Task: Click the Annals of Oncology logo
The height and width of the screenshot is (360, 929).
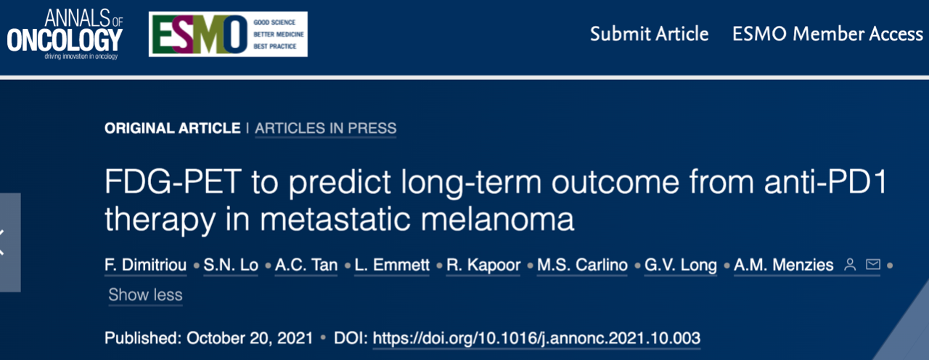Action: [x=65, y=35]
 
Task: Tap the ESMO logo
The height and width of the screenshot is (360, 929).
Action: [x=228, y=34]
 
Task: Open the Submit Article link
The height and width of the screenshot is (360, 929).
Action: [x=649, y=34]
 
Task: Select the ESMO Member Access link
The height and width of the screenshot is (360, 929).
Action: [x=827, y=34]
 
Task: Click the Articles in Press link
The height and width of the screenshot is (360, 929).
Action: [x=326, y=128]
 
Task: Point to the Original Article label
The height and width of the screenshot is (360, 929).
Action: [x=173, y=128]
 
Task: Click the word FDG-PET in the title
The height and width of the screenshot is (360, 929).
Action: [x=173, y=181]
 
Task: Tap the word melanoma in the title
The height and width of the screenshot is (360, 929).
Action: [x=497, y=219]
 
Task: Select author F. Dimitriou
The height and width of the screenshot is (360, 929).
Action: [x=146, y=265]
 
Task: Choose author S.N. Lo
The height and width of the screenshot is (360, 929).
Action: [x=231, y=265]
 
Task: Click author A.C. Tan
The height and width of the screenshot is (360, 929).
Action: [x=306, y=265]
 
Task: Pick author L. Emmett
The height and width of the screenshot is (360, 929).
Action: [x=392, y=265]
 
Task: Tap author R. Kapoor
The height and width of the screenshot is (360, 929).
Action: [x=483, y=265]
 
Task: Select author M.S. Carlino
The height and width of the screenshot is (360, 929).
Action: [x=582, y=265]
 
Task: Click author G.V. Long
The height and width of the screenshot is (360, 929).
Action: [x=681, y=265]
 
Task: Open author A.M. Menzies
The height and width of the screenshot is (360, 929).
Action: [x=783, y=265]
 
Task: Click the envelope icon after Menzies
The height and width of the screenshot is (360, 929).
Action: [x=873, y=264]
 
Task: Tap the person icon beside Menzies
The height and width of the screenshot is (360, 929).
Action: [x=850, y=265]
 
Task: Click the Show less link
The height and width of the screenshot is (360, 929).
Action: [x=145, y=295]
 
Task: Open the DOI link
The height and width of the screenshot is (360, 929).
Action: [x=536, y=338]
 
